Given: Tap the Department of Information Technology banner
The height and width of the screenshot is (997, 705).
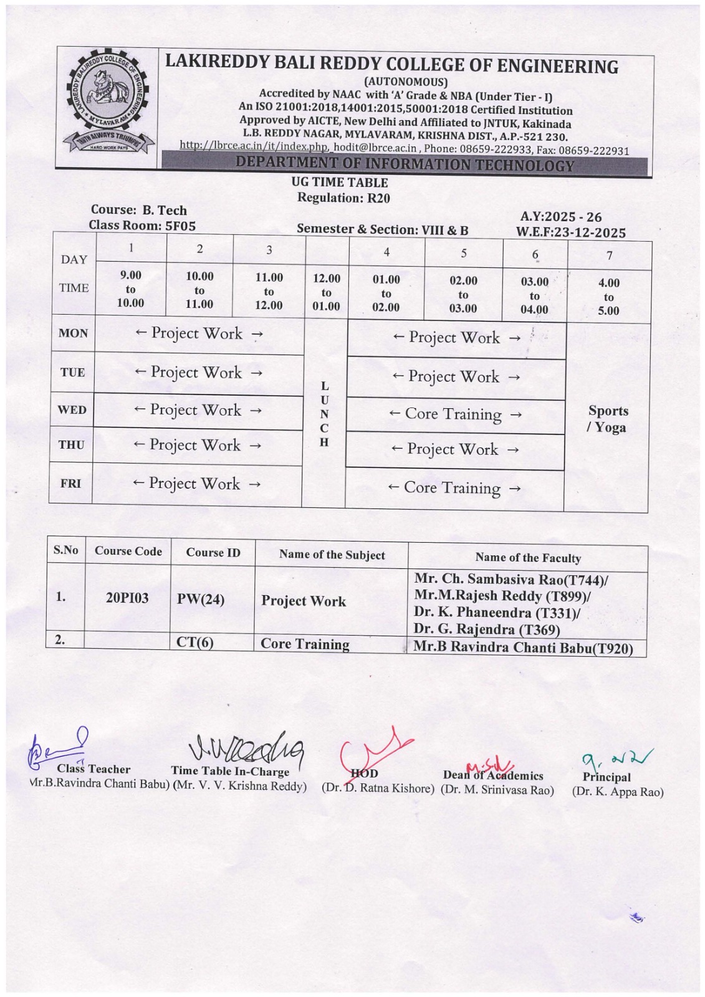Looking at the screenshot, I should (x=405, y=165).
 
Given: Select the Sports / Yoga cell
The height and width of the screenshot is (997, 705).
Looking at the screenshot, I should (x=608, y=419).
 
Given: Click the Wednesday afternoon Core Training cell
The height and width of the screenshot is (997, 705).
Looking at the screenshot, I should (x=454, y=414).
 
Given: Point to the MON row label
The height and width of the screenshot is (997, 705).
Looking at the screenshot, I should (x=73, y=333).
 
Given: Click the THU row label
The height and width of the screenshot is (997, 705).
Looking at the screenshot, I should (x=71, y=445).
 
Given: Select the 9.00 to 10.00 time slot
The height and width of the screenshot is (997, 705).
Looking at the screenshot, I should (x=130, y=289).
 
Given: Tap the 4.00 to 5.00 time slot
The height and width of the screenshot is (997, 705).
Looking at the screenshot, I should (x=608, y=297).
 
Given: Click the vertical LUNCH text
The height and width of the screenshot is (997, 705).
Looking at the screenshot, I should (x=324, y=414).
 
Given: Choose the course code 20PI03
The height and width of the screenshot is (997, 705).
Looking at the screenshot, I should (x=127, y=598).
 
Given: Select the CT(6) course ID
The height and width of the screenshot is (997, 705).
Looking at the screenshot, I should (x=195, y=642).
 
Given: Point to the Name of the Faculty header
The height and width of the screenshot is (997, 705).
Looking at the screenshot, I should (x=527, y=558).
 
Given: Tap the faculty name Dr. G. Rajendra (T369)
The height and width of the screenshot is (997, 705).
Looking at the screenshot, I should (x=487, y=629).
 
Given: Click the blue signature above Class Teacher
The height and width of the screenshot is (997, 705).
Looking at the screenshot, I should (x=59, y=746).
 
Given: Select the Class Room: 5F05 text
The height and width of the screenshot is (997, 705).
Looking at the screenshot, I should (x=142, y=226).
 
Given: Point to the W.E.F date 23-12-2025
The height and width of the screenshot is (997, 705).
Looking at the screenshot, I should (x=570, y=232).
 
